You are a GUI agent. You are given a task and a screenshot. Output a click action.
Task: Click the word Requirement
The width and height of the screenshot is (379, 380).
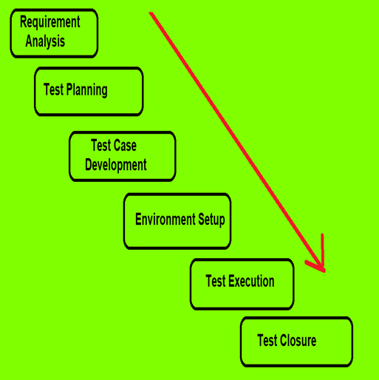coord(50,22)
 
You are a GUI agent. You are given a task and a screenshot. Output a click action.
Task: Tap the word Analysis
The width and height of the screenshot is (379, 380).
coord(45,41)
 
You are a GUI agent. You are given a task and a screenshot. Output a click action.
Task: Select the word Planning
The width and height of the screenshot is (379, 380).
coord(87,90)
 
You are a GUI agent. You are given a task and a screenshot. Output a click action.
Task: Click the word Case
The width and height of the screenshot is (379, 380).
coord(124,145)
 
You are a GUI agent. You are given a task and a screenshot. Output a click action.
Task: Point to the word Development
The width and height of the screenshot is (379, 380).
coord(116,165)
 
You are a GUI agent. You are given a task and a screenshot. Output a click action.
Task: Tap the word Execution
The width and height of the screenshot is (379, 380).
coord(251,281)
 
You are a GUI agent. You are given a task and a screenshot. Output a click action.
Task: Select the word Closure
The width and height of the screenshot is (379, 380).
coord(298,341)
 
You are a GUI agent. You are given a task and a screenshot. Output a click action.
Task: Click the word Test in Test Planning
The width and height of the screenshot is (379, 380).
coord(54,89)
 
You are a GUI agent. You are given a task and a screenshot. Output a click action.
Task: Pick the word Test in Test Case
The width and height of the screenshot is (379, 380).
coord(101,145)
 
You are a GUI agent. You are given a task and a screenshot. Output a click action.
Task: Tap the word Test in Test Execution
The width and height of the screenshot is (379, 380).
coord(216,281)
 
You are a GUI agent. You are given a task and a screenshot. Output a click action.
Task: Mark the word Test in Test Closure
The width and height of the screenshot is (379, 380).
coord(267,341)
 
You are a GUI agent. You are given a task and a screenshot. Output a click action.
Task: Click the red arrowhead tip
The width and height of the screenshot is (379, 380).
coord(325,271)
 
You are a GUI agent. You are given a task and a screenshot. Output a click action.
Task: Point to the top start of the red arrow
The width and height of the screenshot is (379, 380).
coord(151,13)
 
